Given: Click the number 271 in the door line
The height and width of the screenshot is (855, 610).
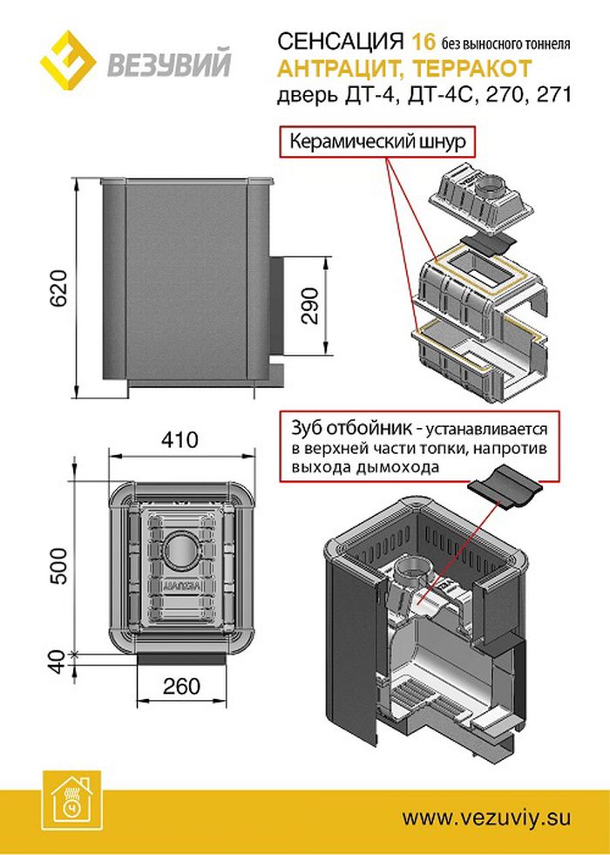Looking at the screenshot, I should click(552, 95).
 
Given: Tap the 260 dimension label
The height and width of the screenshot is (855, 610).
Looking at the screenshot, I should click(181, 686).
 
